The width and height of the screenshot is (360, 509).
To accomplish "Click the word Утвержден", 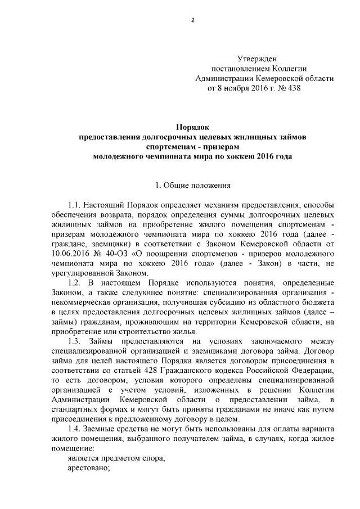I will point(257,58).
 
